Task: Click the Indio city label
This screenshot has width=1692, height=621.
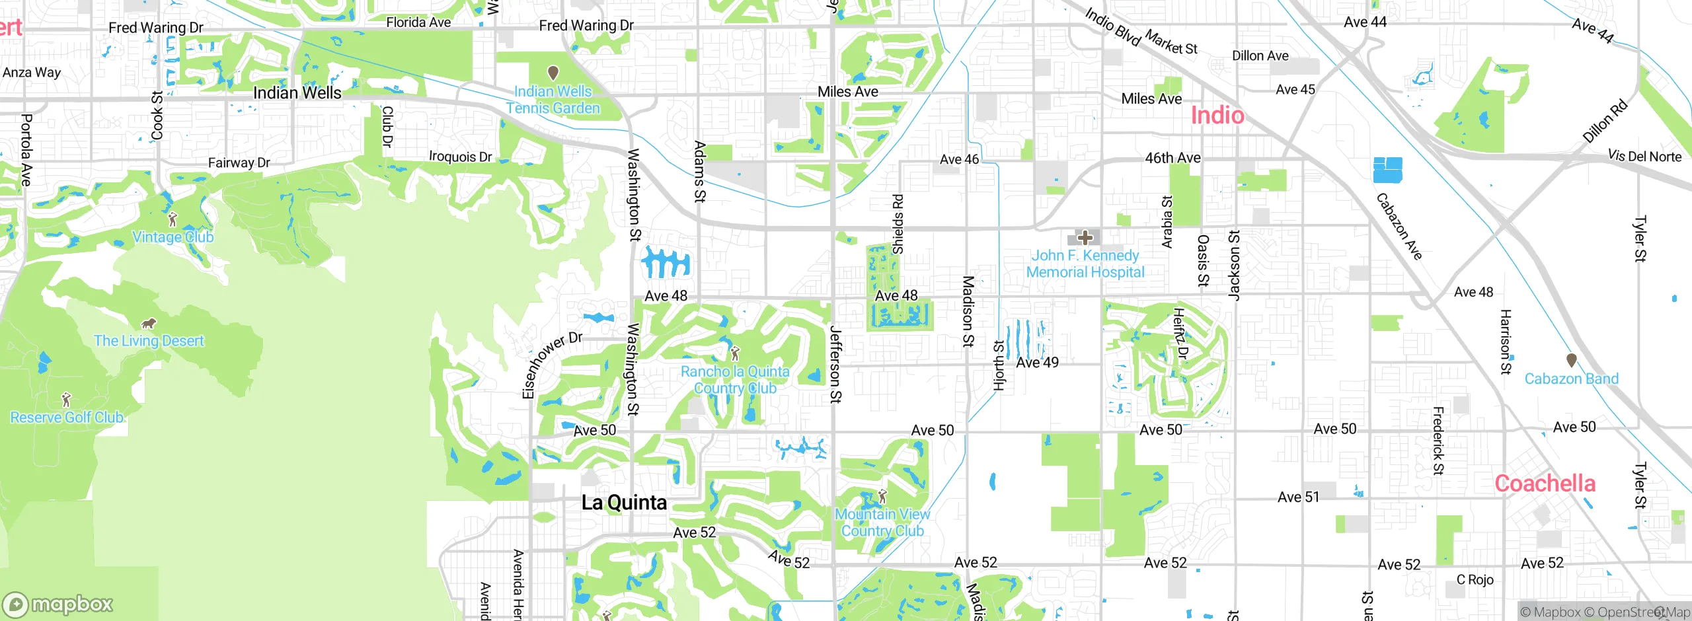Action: point(1217,116)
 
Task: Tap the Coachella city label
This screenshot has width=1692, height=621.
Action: point(1545,484)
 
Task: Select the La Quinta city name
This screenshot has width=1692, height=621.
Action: point(624,503)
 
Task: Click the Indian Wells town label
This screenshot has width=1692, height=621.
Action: point(297,93)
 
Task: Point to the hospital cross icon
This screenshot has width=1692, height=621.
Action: point(1085,237)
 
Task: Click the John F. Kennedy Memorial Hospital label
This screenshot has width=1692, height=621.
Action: point(1085,264)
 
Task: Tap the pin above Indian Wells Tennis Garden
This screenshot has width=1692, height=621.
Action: point(553,72)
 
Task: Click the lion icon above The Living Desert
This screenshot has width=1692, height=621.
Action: point(149,323)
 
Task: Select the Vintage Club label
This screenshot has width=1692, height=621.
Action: point(173,237)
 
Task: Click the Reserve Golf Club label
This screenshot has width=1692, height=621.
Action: point(67,418)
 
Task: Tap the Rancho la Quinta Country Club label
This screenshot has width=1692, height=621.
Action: point(735,380)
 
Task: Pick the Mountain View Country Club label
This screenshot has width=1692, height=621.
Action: point(882,522)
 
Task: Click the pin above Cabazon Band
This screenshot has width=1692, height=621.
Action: point(1572,360)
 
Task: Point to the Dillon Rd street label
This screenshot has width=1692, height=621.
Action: point(1604,122)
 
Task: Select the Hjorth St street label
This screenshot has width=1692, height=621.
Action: point(999,365)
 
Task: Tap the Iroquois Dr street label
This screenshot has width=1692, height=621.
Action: point(461,157)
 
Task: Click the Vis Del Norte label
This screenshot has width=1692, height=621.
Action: point(1644,157)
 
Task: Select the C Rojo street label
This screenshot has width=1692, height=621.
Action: point(1475,580)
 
